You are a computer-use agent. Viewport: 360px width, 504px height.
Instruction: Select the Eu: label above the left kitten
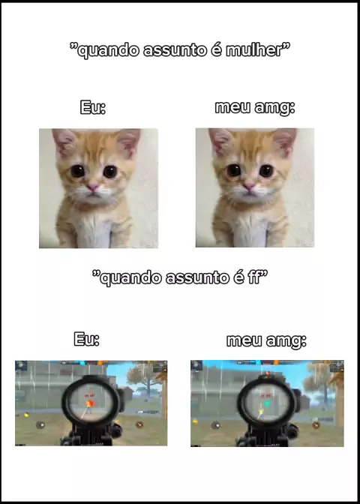click(92, 108)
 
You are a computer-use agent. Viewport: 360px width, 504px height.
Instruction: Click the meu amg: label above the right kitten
click(255, 108)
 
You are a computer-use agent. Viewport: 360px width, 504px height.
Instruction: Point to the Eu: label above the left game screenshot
click(86, 339)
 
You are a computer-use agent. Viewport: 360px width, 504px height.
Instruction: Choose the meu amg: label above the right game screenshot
click(266, 341)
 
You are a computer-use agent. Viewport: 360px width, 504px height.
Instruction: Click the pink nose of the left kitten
click(93, 187)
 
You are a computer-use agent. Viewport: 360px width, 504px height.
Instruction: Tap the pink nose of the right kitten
click(249, 186)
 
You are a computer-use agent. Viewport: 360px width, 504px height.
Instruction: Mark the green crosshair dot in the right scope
click(267, 403)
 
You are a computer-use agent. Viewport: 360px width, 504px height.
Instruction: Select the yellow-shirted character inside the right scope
click(262, 413)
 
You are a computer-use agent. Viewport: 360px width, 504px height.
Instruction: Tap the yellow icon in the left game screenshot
click(27, 415)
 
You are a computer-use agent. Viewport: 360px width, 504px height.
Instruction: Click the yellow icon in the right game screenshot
click(195, 421)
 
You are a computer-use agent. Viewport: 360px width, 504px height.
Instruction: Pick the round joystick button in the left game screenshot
click(40, 425)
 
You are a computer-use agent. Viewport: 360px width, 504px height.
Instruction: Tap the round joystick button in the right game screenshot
click(215, 425)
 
